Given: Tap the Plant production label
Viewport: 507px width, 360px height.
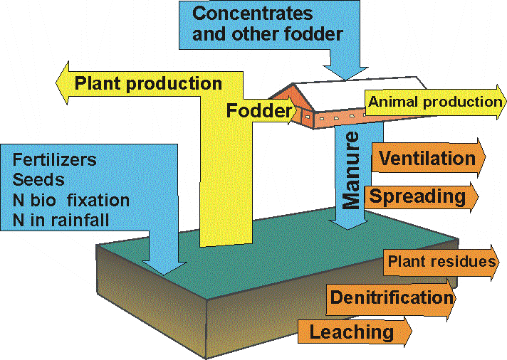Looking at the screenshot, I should click(148, 83).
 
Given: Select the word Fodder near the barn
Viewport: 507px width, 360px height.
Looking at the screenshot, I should click(259, 110).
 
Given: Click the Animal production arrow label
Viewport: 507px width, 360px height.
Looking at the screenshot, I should click(434, 102).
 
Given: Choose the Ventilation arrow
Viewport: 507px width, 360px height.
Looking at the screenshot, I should click(427, 158).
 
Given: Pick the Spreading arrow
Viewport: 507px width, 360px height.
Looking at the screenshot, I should click(420, 195).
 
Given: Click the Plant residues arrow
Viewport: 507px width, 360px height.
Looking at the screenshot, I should click(441, 262).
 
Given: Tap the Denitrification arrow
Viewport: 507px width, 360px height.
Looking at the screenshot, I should click(392, 297).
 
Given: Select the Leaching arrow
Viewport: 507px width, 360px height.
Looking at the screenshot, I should click(352, 331).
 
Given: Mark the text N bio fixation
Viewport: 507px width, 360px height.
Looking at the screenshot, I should click(70, 200).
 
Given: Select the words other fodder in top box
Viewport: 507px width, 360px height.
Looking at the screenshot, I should click(298, 33).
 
